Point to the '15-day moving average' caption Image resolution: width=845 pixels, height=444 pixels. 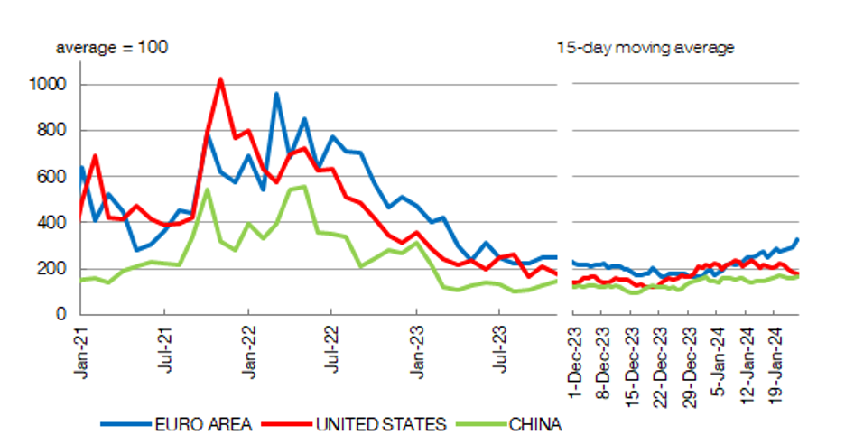coord(645,47)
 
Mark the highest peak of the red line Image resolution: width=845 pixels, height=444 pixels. coord(220,79)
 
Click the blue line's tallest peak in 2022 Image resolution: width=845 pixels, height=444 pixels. coord(276,93)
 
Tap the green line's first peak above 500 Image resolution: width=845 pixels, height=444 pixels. coord(208,190)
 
